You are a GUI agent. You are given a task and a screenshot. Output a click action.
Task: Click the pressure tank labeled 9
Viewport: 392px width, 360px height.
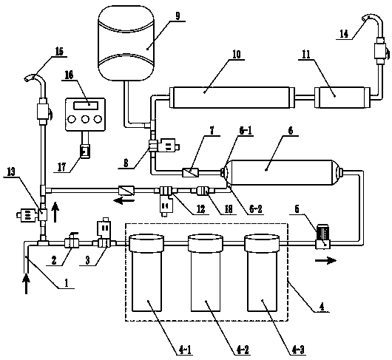[126, 43]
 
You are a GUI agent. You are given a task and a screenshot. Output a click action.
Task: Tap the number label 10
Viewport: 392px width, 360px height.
[236, 54]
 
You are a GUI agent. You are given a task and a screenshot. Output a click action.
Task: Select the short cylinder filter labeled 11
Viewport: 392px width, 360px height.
[342, 98]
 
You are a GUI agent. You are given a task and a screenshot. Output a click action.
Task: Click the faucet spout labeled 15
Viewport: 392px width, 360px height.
[36, 78]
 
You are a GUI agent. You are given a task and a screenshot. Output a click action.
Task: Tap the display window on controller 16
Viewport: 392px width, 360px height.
[86, 105]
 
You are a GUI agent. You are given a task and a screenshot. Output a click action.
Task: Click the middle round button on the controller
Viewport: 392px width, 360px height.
[85, 119]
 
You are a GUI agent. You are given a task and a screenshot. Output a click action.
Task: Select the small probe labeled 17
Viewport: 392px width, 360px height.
[85, 151]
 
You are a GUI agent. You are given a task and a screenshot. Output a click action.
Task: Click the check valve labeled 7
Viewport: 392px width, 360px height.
[191, 173]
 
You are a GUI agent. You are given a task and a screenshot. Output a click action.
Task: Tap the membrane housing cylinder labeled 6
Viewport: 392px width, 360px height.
[283, 173]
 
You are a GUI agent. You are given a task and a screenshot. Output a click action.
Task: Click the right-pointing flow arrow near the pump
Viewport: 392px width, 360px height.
[325, 261]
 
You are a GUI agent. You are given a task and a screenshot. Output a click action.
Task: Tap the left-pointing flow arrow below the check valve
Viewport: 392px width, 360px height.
[124, 200]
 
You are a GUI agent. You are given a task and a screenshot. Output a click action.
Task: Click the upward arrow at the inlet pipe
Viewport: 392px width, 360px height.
[26, 284]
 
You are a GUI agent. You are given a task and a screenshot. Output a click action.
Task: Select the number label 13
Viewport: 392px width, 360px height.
[10, 171]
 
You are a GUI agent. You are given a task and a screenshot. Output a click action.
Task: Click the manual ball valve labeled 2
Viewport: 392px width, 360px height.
[72, 241]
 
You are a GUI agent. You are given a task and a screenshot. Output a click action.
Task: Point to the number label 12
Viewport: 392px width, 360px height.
[200, 208]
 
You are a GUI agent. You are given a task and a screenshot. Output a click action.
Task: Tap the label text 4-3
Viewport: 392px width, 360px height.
[298, 350]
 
